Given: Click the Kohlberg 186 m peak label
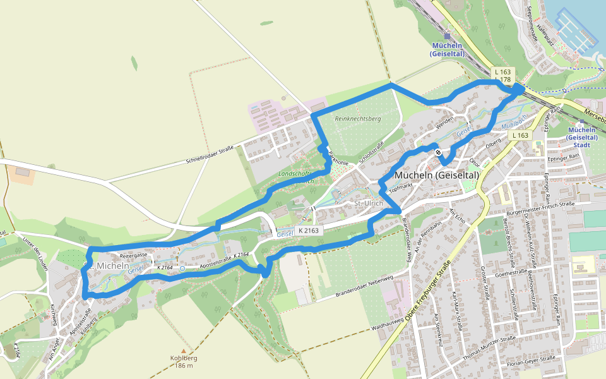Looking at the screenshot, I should (184, 362).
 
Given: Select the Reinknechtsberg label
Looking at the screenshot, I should (358, 119).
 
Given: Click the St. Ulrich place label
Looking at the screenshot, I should (368, 203).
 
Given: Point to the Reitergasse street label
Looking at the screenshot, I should (133, 255).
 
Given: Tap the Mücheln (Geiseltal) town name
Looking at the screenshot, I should (436, 175).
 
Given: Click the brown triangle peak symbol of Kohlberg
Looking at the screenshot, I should (184, 351).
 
